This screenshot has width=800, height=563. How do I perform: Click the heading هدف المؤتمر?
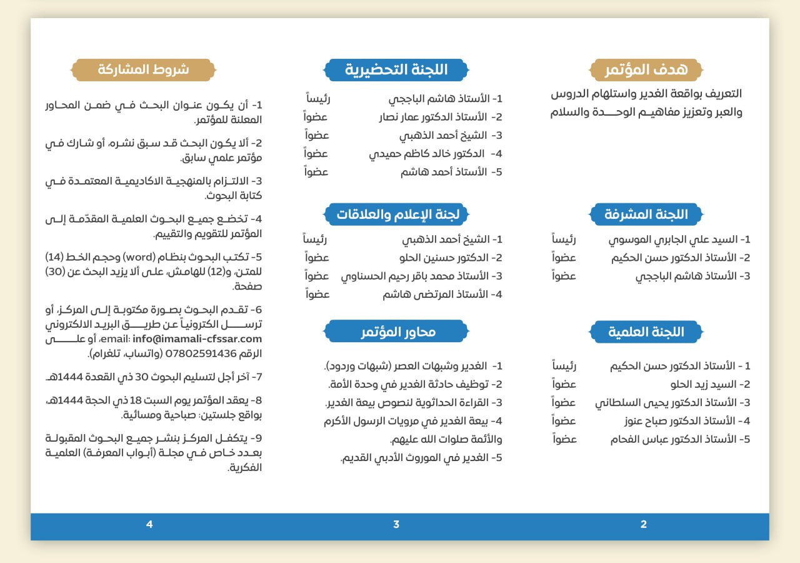pos(646,69)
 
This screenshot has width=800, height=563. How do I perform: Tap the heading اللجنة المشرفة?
pos(646,215)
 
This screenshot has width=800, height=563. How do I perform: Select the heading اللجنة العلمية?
pos(646,332)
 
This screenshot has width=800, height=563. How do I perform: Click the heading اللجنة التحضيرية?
pos(396,69)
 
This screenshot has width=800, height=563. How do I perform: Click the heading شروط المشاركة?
pos(143,69)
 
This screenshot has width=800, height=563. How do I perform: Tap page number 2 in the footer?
pos(644,524)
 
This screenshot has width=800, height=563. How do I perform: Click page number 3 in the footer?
pos(396,524)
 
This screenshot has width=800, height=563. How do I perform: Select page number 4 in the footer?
pos(149,524)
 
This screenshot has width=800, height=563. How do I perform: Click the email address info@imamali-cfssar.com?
pos(197,339)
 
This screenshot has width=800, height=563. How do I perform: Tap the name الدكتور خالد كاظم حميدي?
pos(427,154)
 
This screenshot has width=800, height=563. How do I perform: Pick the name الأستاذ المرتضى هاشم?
pos(436,294)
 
